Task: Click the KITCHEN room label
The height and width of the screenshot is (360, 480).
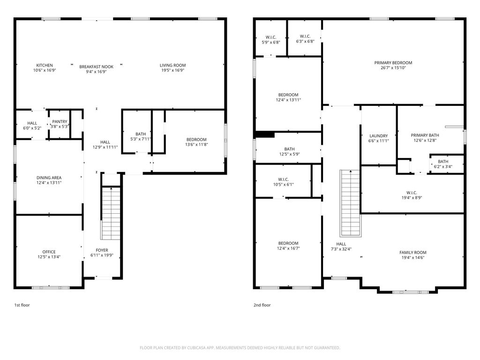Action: (45, 65)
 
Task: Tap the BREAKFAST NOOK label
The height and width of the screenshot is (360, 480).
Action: (96, 67)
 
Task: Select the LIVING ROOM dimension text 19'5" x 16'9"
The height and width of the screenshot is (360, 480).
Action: (172, 71)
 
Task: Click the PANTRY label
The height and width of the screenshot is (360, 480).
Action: (60, 122)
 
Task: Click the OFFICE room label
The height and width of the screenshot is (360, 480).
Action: (49, 252)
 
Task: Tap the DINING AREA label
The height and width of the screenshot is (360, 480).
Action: (49, 178)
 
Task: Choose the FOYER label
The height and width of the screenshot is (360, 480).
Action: (102, 250)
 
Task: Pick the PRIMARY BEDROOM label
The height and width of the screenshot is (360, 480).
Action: (393, 63)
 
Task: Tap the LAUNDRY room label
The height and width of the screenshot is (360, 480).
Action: (378, 136)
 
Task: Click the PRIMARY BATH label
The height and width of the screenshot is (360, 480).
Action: (425, 135)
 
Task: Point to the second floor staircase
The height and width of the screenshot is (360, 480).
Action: (350, 203)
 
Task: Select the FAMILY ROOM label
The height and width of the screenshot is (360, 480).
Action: (412, 252)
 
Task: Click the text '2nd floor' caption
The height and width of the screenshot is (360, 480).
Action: (262, 305)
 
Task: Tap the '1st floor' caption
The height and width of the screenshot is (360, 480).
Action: (22, 305)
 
